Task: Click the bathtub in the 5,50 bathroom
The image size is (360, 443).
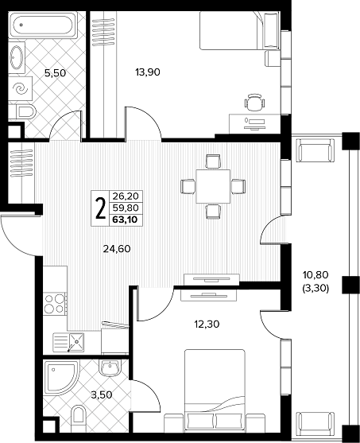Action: pos(43,25)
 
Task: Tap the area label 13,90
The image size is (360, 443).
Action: pos(148,72)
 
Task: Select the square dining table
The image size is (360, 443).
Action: pos(213,186)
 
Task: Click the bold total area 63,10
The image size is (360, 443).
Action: pos(126,220)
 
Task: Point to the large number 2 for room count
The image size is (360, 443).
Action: pos(100,208)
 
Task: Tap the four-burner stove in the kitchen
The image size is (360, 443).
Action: pos(55,304)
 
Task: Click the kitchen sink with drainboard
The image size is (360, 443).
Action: pos(68,343)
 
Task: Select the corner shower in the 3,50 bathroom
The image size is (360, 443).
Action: pos(61,377)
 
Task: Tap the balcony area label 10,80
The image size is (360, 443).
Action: pos(315,274)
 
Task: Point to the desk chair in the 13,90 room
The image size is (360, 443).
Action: pos(254,103)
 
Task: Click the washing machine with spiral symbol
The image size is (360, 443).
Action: pos(21,88)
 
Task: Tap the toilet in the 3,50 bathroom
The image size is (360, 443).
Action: pos(79,418)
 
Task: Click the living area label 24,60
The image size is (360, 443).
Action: pos(117,249)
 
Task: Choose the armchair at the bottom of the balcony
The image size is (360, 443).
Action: pos(314,424)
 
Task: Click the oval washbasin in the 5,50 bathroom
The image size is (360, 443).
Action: pos(17,57)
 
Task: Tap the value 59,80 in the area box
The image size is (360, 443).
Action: pos(126,208)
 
